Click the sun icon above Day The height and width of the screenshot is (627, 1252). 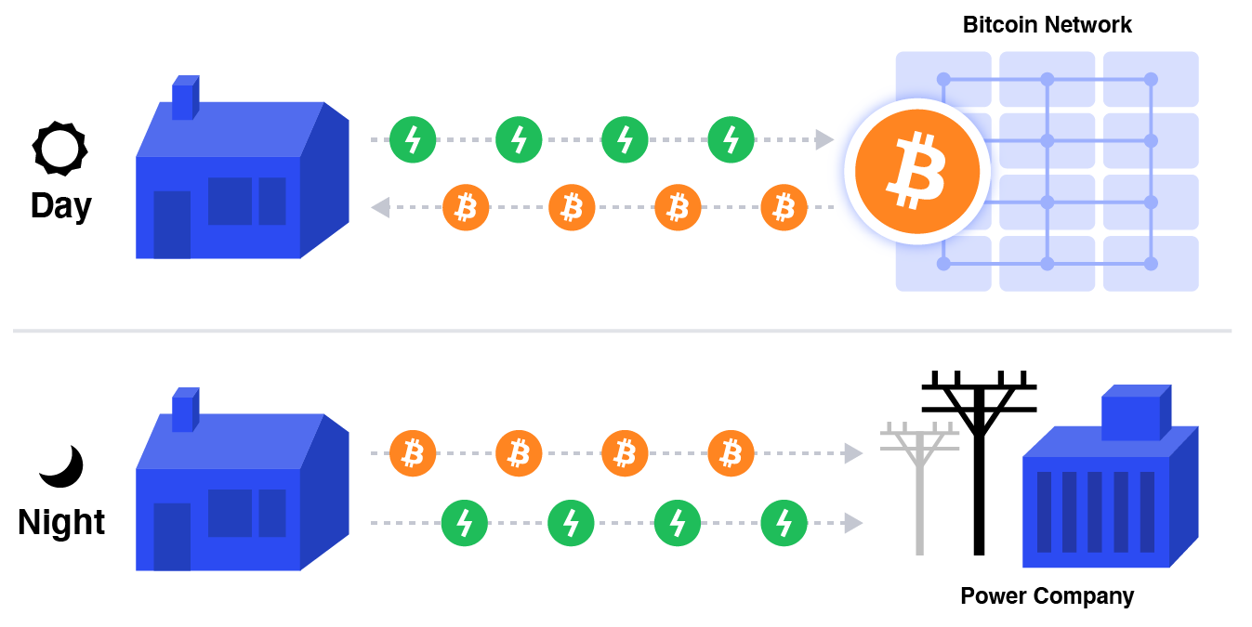pos(59,148)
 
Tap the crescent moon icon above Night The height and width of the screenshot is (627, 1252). pos(62,466)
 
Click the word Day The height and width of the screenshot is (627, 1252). pos(61,205)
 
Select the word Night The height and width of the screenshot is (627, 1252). pos(61,522)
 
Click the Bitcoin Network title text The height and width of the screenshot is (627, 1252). pos(1047,24)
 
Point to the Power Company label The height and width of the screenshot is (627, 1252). pos(1047,595)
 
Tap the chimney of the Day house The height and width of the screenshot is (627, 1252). pos(184,98)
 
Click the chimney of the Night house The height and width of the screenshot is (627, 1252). pos(184,411)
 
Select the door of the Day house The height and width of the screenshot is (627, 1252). pos(171,225)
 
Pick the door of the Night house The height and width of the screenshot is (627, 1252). pos(171,536)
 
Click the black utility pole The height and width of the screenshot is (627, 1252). pos(979,464)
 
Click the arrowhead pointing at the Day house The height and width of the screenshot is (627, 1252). pos(380,208)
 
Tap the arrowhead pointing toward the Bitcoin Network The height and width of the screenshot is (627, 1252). pos(824,140)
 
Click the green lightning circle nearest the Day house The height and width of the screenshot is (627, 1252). pos(413,140)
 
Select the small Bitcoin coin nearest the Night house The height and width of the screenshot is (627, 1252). pos(413,453)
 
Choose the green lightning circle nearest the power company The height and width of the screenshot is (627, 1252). pos(784,523)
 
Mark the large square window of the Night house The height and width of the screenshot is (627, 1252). pos(230,513)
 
